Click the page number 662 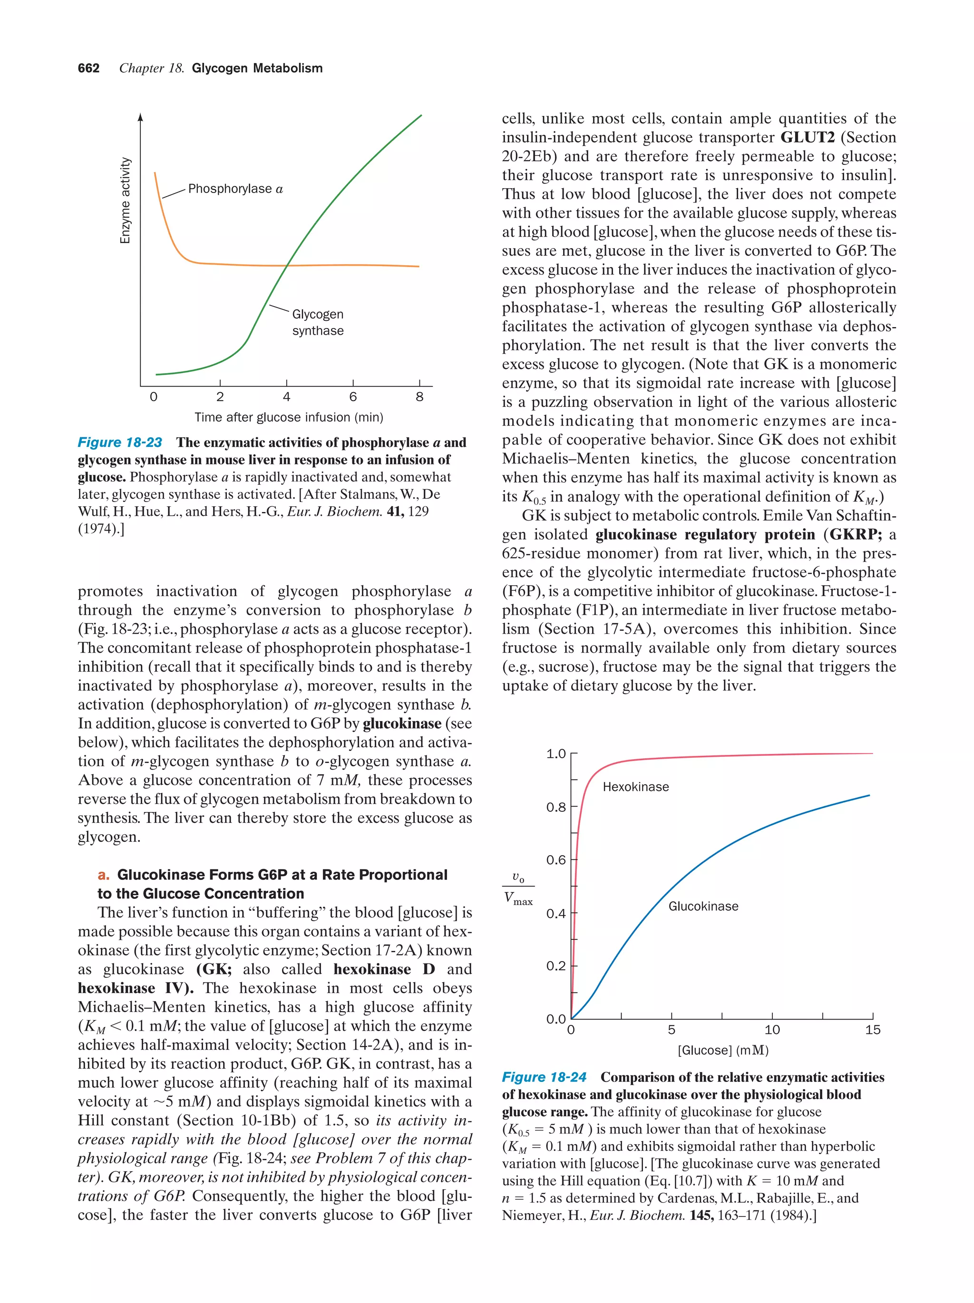(88, 68)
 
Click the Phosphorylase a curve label (235, 189)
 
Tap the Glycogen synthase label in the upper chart (318, 322)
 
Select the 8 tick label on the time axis (419, 397)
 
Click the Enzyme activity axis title (125, 200)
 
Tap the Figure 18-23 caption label (120, 443)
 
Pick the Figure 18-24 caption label (544, 1077)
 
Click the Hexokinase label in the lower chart (636, 787)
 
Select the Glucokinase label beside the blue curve (703, 907)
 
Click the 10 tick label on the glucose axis (772, 1030)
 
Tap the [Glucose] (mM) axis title (723, 1050)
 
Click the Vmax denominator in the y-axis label (518, 899)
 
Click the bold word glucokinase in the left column (402, 724)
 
